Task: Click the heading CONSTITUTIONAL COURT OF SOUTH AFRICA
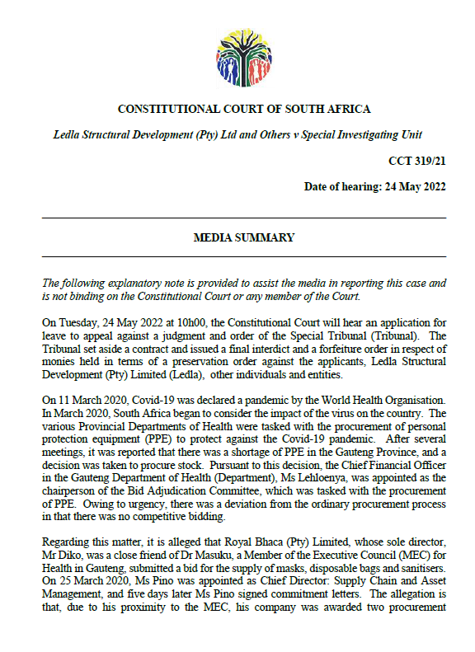point(244,109)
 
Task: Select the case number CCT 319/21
point(417,161)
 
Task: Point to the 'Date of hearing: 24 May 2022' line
point(375,186)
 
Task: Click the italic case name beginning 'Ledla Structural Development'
point(237,134)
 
